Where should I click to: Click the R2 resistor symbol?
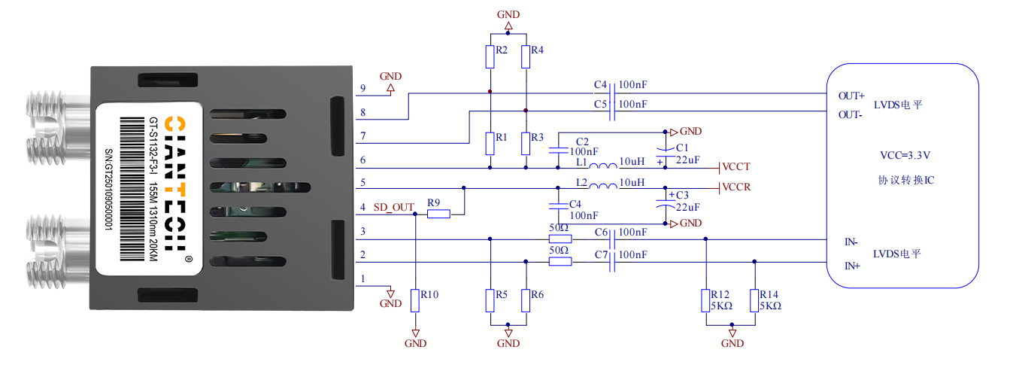click(490, 56)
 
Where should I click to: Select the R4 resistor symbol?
click(526, 56)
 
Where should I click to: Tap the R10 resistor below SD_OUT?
click(415, 300)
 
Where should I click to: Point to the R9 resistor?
click(438, 214)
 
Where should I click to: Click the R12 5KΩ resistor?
click(706, 300)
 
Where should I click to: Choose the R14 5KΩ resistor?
click(754, 300)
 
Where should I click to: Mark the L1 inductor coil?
click(602, 166)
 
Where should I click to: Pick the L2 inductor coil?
click(602, 187)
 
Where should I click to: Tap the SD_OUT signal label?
click(393, 207)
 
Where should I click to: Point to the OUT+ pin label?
click(851, 96)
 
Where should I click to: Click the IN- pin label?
click(851, 242)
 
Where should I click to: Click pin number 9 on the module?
click(362, 89)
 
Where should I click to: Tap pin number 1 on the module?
click(362, 279)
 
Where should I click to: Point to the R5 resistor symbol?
click(490, 300)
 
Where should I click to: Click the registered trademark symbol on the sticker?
click(188, 258)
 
